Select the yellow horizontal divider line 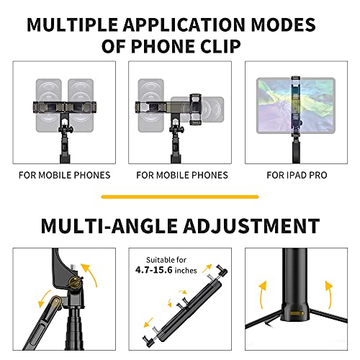[x=180, y=196]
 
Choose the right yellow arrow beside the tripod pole [x=329, y=294]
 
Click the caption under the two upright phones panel [x=64, y=175]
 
